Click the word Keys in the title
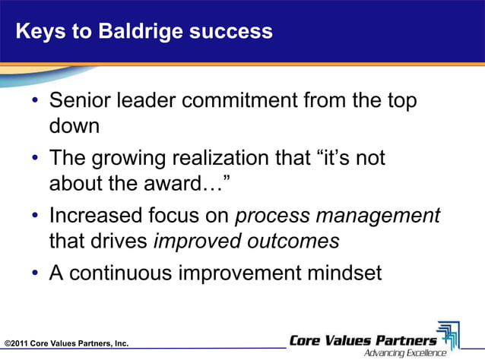point(36,32)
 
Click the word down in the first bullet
point(74,125)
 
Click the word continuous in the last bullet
point(132,273)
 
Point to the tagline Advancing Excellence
point(405,352)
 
